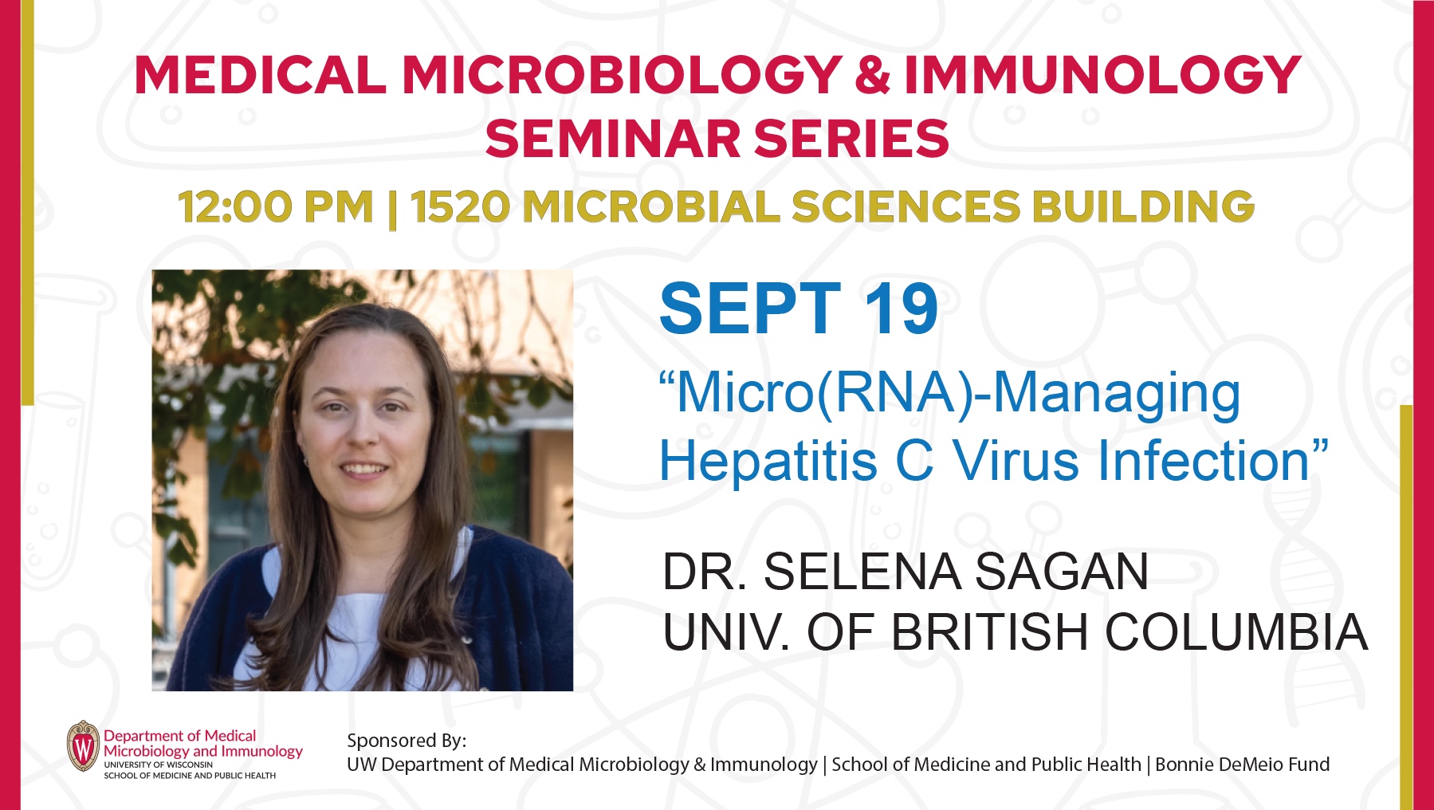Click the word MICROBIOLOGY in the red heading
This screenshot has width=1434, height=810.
point(622,75)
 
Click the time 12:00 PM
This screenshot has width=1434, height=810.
point(276,207)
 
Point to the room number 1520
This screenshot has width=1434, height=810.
point(460,207)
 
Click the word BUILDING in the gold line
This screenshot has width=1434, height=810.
point(1144,207)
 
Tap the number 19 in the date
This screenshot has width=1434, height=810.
point(901,309)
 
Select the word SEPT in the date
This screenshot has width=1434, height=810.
point(750,309)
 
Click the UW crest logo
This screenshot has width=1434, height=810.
point(84,746)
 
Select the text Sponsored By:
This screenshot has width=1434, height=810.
point(407,741)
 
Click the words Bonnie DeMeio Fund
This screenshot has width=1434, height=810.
point(1242,765)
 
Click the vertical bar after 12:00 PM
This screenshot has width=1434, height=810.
point(391,209)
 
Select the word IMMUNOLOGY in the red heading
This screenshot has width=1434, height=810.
point(1102,75)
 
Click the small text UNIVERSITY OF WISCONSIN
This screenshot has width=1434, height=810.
point(158,765)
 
